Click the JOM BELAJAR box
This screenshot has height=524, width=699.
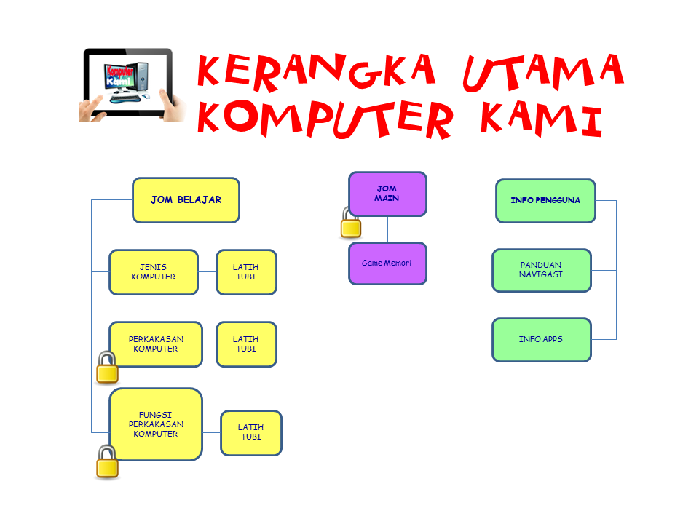coord(186,200)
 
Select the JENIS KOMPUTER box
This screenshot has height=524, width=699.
coord(154,272)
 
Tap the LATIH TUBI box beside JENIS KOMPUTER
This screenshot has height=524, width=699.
coord(247,272)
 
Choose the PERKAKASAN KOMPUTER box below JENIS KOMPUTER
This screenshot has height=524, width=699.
coord(156,344)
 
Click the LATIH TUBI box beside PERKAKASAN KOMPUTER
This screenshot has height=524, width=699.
coord(247,344)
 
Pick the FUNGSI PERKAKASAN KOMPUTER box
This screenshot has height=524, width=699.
coord(156,424)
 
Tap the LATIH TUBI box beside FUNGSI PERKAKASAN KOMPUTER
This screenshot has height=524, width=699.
coord(251,432)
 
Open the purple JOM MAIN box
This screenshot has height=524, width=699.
coord(388,194)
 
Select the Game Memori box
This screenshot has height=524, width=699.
coord(388,263)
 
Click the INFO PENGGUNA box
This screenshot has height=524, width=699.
coord(545,201)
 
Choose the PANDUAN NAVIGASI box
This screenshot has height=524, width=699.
coord(542,270)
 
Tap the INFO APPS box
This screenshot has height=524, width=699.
coord(542,340)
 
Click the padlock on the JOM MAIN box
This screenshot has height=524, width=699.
coord(351,223)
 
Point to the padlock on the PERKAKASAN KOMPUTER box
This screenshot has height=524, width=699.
coord(108,368)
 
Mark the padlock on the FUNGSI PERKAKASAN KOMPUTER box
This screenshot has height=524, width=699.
coord(108,463)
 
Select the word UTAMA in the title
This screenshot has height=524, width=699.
coord(543,72)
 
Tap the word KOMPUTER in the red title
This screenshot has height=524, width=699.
coord(325,119)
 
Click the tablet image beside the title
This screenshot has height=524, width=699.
coord(133,85)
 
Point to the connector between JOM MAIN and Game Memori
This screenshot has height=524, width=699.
coord(388,229)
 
